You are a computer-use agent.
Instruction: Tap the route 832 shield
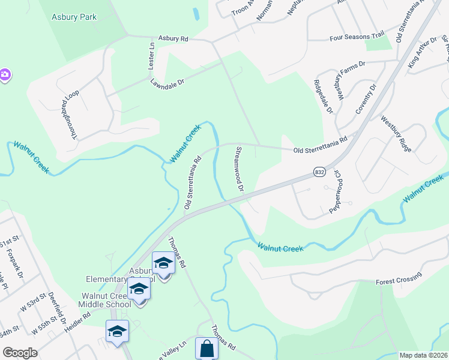pos(319,172)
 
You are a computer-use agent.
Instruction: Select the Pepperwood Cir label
pos(336,191)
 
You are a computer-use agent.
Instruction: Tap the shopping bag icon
pos(206,349)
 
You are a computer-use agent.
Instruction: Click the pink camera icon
pos(4,75)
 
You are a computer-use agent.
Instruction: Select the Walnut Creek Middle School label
pos(106,300)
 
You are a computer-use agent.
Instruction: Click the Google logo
pos(20,353)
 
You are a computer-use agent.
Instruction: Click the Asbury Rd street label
pos(173,38)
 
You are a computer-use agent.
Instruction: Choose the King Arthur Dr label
pos(423,52)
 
